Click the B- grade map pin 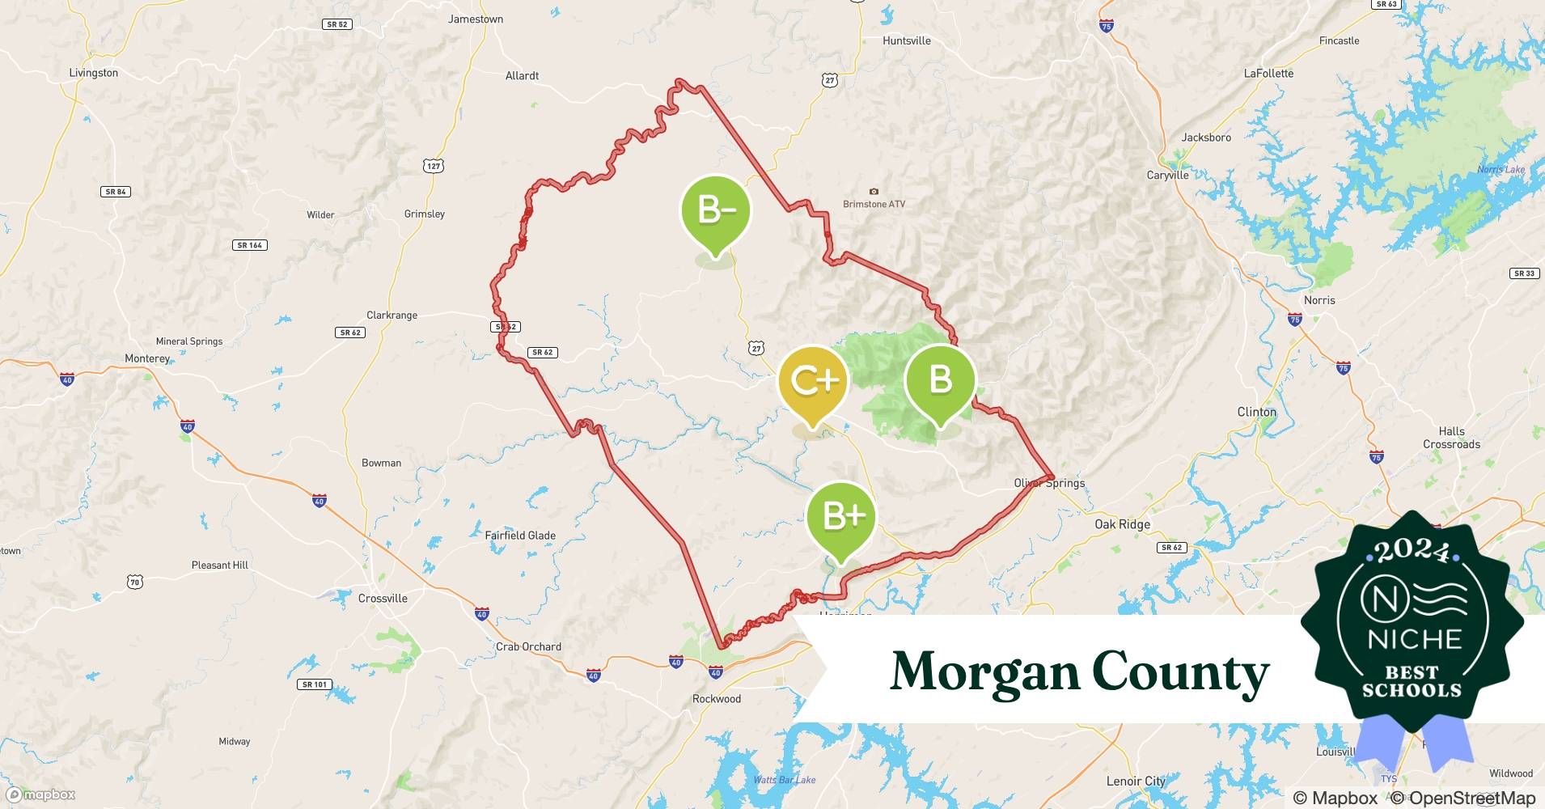(716, 211)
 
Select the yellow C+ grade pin (812, 381)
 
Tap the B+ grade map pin (841, 516)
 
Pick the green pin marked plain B (940, 379)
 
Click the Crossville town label (383, 599)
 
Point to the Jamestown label (476, 19)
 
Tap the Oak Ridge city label (1122, 524)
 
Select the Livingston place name (94, 73)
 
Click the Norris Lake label (1501, 169)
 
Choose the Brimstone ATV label (874, 204)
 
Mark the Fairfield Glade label (520, 536)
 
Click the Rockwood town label (717, 699)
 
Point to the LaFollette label (1268, 73)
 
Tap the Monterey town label (147, 358)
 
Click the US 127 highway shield (434, 166)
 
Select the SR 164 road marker (250, 245)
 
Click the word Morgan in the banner (984, 671)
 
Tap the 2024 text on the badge (1412, 550)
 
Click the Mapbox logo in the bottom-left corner (41, 795)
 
